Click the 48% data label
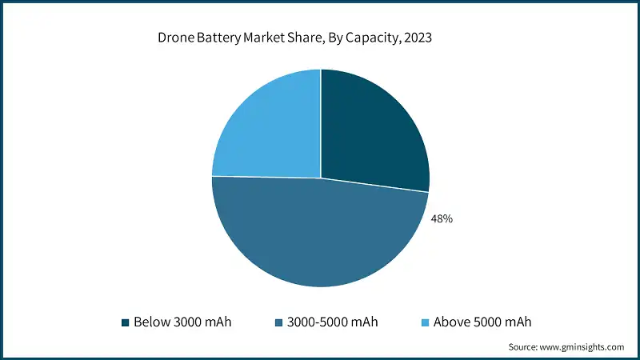click(x=442, y=218)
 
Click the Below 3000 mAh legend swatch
click(x=126, y=323)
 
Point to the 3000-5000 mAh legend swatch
click(x=278, y=323)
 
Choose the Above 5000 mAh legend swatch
click(x=425, y=323)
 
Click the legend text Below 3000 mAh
click(x=182, y=322)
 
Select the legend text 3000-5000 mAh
click(x=332, y=322)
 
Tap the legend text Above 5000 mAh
click(x=482, y=322)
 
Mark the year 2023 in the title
click(x=418, y=38)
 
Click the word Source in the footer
click(x=523, y=347)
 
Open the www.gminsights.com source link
click(x=582, y=347)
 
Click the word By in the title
click(x=336, y=38)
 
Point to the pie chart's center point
click(x=321, y=178)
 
